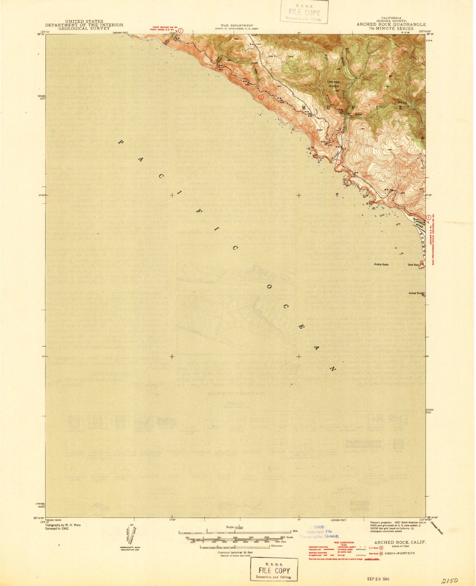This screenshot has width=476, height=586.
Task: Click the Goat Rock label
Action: (x=413, y=264)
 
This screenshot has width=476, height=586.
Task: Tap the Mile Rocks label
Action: (x=382, y=264)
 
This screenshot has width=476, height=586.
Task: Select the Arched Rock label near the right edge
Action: (x=415, y=293)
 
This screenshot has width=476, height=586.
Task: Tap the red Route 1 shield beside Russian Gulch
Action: (x=339, y=162)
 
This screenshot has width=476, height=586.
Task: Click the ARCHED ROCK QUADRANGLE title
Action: (x=391, y=24)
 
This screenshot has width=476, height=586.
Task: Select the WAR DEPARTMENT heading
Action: (x=237, y=25)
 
